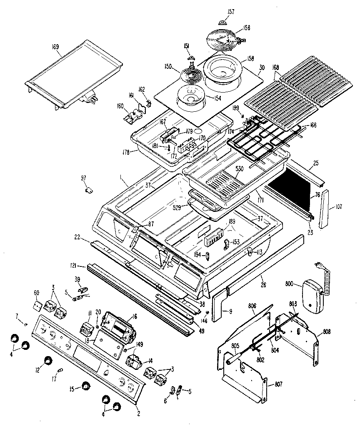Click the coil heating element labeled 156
coord(223,40)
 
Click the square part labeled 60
coord(37,306)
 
